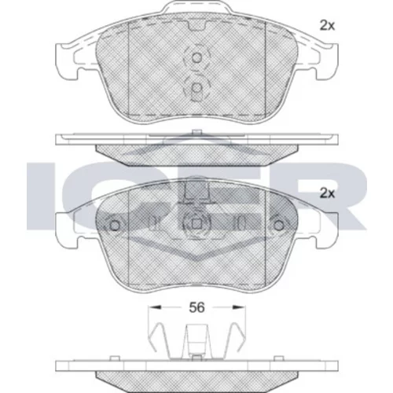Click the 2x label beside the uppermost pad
click(327, 26)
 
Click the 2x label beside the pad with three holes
click(327, 193)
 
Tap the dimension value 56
click(196, 307)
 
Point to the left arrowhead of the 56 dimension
click(154, 307)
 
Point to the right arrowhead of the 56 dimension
click(240, 307)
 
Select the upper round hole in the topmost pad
click(196, 57)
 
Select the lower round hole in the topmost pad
click(196, 88)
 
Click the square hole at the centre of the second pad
click(196, 224)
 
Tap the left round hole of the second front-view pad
click(115, 226)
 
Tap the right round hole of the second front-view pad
click(278, 226)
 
